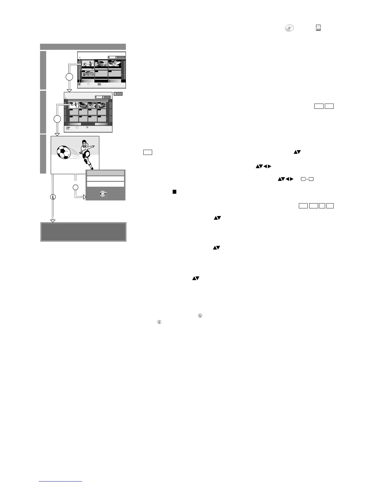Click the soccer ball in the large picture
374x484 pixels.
click(x=64, y=152)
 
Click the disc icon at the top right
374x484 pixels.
click(x=289, y=28)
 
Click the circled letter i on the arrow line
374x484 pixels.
click(x=53, y=197)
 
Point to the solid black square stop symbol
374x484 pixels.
click(x=174, y=192)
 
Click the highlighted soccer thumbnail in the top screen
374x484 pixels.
click(x=88, y=64)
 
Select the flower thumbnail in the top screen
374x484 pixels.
click(x=115, y=64)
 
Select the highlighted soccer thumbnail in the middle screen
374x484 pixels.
click(x=74, y=105)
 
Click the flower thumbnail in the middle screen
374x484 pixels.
click(x=92, y=105)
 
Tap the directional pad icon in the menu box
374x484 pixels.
click(x=103, y=194)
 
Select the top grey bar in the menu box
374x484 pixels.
click(x=105, y=173)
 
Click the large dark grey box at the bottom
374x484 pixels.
click(x=83, y=232)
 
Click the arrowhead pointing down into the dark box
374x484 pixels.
click(x=53, y=221)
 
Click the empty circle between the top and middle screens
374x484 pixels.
click(x=69, y=77)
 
